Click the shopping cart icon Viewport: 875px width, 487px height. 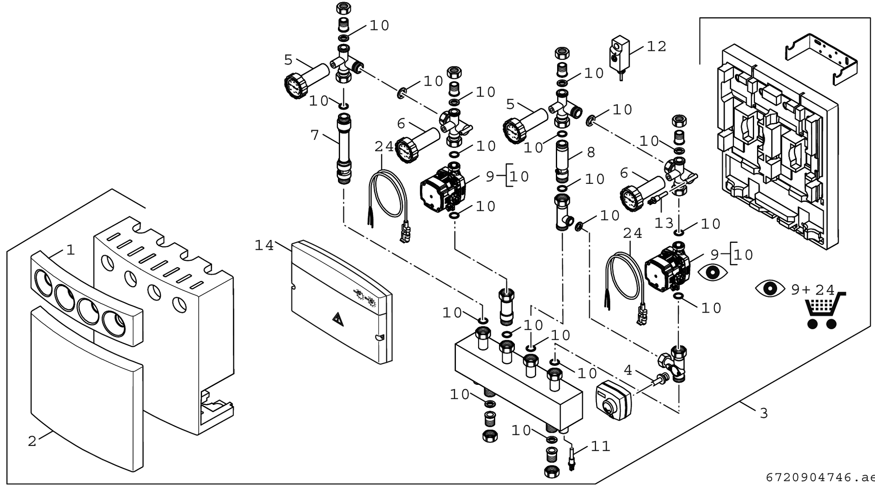click(823, 311)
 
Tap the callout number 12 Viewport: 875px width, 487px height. click(657, 47)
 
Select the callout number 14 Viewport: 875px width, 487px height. click(264, 245)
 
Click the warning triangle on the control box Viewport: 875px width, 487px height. click(338, 318)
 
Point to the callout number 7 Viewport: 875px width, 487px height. click(315, 135)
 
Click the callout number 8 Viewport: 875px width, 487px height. click(591, 152)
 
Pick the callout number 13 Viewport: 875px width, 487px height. click(664, 223)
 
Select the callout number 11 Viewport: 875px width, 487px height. click(600, 447)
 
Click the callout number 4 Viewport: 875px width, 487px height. click(628, 370)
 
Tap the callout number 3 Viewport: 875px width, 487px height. click(764, 413)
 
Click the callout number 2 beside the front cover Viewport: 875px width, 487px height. click(32, 441)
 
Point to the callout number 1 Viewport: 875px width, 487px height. click(70, 250)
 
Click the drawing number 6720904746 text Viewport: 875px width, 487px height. click(818, 477)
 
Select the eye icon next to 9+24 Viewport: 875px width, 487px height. click(769, 289)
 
